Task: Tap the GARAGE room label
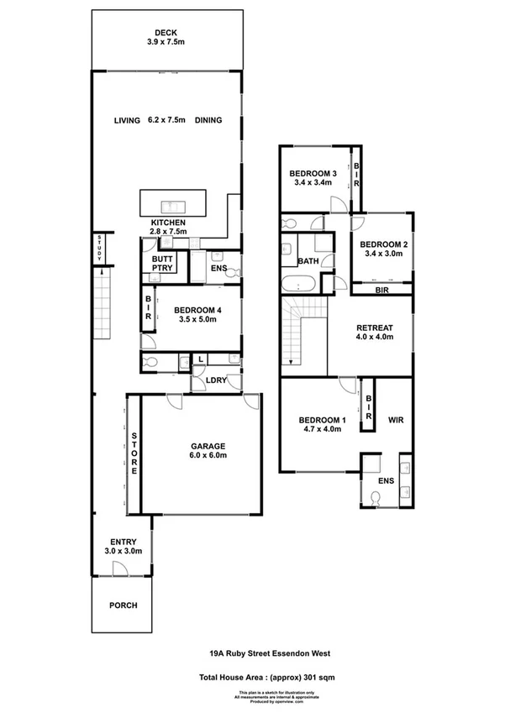pos(197,446)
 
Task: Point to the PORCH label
pos(124,605)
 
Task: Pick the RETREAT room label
pos(376,328)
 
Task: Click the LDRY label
pos(216,379)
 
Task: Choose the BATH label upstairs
pos(308,261)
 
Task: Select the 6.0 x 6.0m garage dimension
pos(197,456)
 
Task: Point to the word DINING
pos(208,120)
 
